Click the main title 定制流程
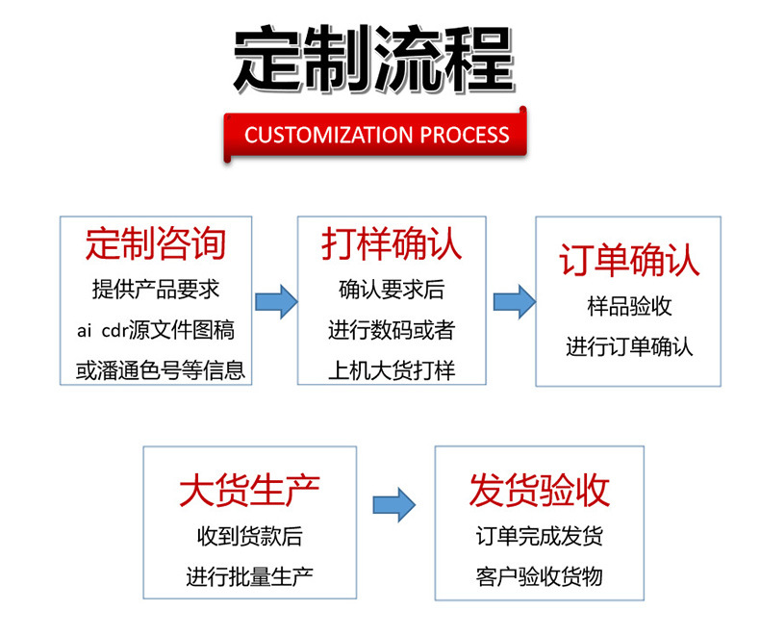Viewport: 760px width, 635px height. [x=374, y=60]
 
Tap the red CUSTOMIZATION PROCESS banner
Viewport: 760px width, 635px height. [x=376, y=135]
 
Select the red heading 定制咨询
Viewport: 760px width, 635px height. [x=156, y=243]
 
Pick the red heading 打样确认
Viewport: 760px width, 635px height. [x=392, y=243]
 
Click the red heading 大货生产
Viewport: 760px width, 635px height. [x=249, y=492]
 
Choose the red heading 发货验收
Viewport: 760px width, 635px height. [x=540, y=491]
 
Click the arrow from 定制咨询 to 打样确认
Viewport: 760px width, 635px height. [x=275, y=301]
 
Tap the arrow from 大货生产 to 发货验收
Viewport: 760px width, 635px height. [x=393, y=503]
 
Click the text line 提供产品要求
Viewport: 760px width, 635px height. [x=156, y=289]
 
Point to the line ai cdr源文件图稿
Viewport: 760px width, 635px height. [x=156, y=330]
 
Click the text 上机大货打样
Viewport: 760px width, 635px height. [x=391, y=370]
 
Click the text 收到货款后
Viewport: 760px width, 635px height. [x=249, y=537]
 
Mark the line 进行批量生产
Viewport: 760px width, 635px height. [x=249, y=577]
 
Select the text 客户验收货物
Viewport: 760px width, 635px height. [x=539, y=577]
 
